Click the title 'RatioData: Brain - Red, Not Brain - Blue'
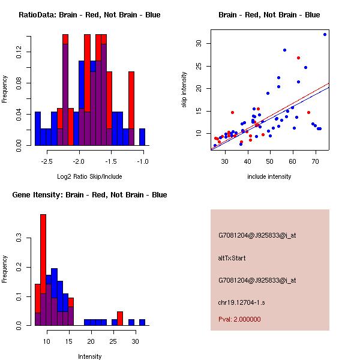pos(89,15)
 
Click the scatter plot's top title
pos(269,15)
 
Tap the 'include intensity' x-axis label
pos(269,176)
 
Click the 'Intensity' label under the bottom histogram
pos(90,356)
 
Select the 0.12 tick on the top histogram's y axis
pos(18,53)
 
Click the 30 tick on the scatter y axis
pos(198,43)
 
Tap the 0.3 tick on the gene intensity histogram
pos(18,238)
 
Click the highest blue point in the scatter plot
pos(325,34)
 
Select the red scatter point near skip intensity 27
pos(298,58)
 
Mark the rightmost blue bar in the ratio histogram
pos(142,137)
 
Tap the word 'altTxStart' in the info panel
pos(232,258)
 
